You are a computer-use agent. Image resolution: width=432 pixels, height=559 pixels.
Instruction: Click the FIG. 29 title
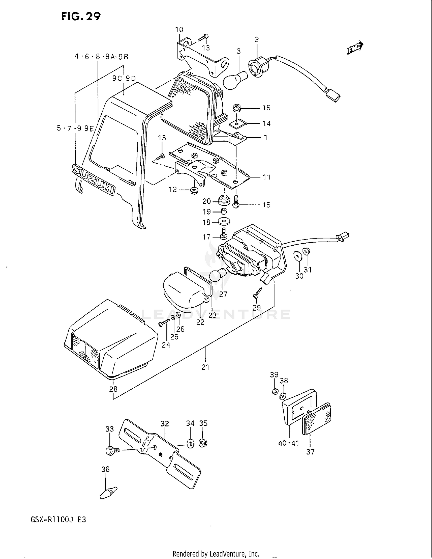click(x=81, y=16)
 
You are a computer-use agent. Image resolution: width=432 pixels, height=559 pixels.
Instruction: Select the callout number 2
click(x=257, y=39)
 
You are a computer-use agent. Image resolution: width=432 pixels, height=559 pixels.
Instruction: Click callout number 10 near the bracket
click(x=179, y=29)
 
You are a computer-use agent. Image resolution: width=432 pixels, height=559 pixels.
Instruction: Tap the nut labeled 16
click(x=237, y=109)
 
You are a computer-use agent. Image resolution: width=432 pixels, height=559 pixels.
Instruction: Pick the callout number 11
click(x=267, y=177)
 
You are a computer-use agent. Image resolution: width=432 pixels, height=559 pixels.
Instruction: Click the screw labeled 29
click(x=257, y=293)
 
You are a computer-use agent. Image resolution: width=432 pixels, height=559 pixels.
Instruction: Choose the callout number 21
click(x=205, y=367)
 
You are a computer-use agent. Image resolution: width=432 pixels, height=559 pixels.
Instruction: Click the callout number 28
click(x=113, y=389)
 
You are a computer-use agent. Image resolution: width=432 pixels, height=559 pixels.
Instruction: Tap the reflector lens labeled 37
click(x=316, y=419)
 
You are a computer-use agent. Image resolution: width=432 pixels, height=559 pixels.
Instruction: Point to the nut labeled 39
click(x=275, y=391)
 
